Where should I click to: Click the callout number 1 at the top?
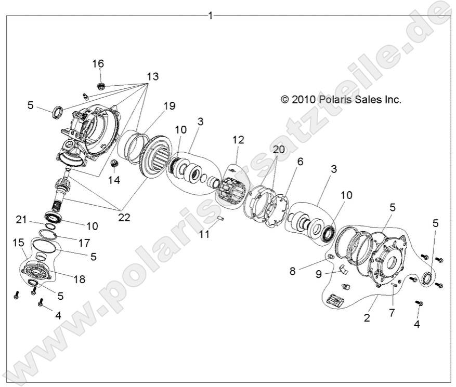point(210,16)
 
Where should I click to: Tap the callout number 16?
point(98,64)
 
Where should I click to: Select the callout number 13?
point(152,76)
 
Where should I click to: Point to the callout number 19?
point(170,106)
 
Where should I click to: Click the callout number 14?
point(114,180)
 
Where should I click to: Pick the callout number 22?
point(124,218)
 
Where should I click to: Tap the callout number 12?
point(238,140)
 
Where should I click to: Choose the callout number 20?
point(279,149)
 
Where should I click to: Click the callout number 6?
point(300,162)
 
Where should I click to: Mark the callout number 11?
point(204,234)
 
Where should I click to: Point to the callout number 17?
point(84,242)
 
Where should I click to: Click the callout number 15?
point(18,243)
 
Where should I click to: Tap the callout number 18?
point(79,279)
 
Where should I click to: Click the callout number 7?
point(392,312)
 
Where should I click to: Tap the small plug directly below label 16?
point(101,86)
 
